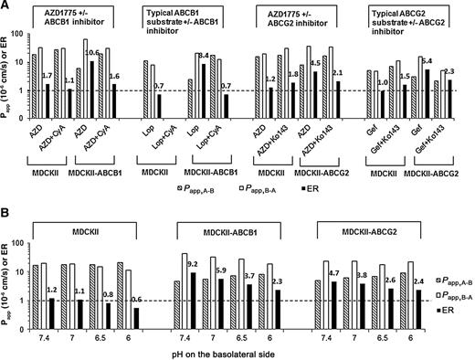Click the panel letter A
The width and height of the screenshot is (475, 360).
6,6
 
